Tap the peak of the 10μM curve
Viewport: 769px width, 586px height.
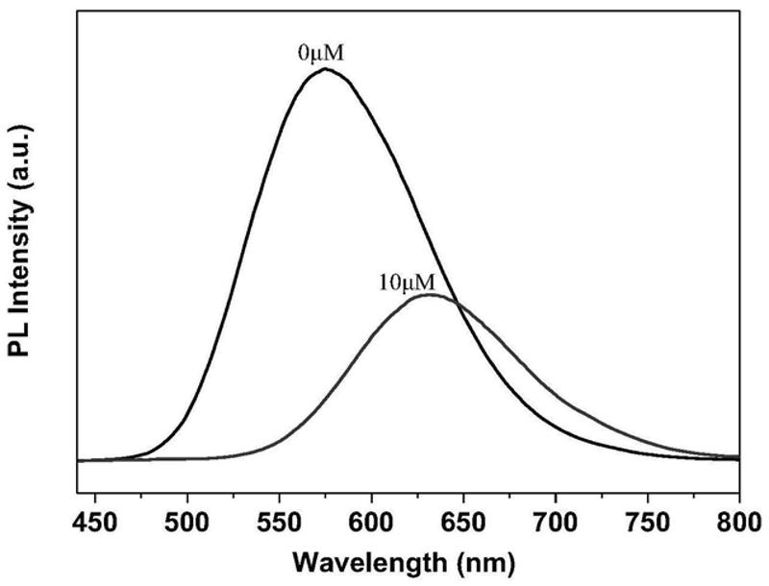430,295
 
